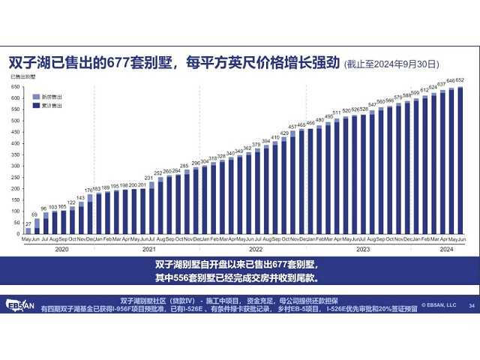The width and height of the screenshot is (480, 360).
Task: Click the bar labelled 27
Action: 28,229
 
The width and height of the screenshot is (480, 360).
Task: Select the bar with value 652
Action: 460,160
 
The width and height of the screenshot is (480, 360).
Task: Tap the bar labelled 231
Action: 150,207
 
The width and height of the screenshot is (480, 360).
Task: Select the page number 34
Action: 471,305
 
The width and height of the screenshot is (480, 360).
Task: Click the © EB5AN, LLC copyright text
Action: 438,305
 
